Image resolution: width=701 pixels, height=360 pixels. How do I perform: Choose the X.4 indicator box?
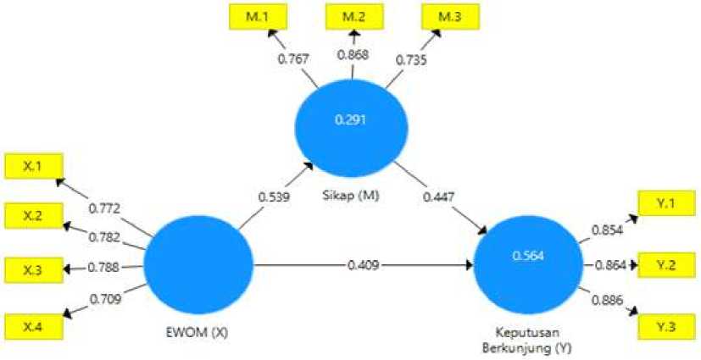(31, 324)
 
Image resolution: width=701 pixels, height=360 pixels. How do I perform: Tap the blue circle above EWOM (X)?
(198, 265)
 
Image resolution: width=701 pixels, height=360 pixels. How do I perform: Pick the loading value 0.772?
(105, 208)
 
